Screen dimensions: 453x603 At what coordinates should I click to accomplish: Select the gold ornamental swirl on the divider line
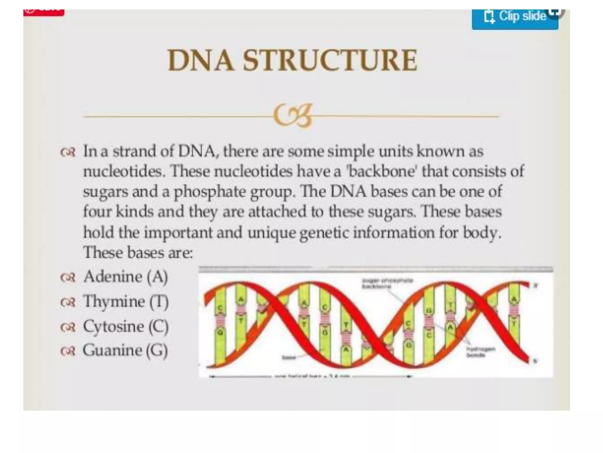[292, 115]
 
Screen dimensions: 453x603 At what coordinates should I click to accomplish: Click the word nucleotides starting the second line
[122, 171]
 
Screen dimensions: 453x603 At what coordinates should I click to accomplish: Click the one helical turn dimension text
[312, 376]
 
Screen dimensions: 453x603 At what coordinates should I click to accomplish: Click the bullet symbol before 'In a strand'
[68, 152]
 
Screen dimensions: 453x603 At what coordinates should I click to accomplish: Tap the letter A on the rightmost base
[514, 300]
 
